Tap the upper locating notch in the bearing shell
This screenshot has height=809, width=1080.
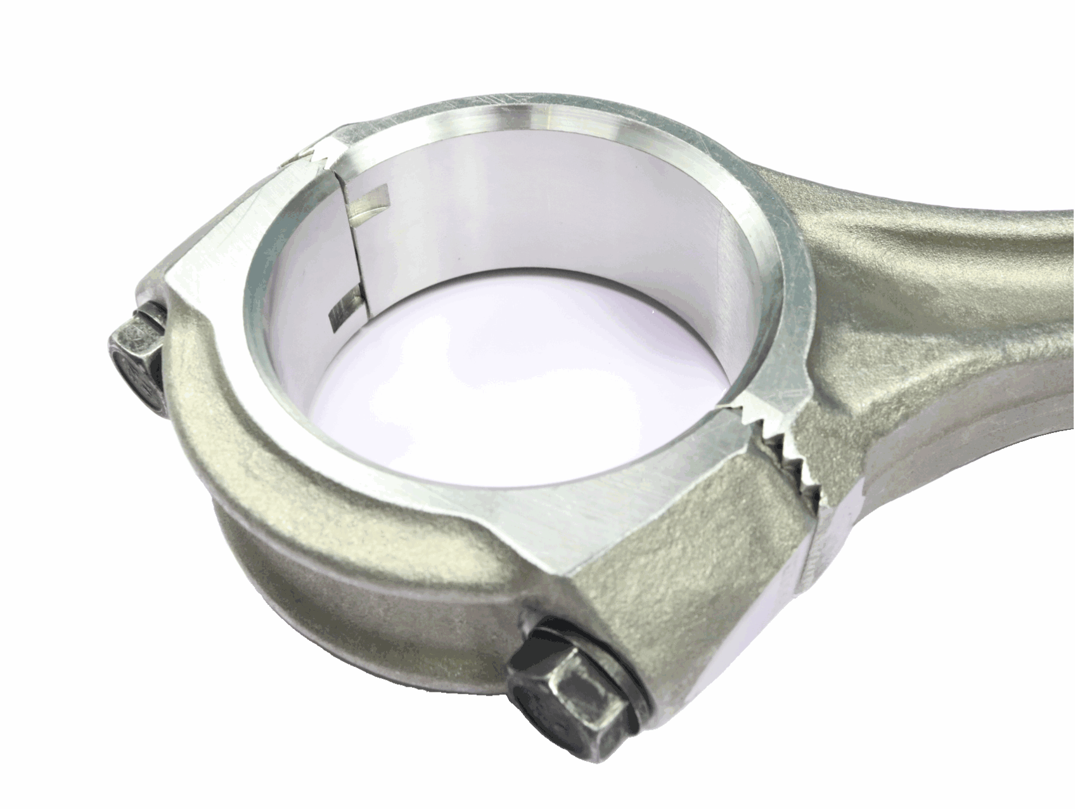tap(371, 202)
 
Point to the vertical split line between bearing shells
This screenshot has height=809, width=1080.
tap(352, 254)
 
